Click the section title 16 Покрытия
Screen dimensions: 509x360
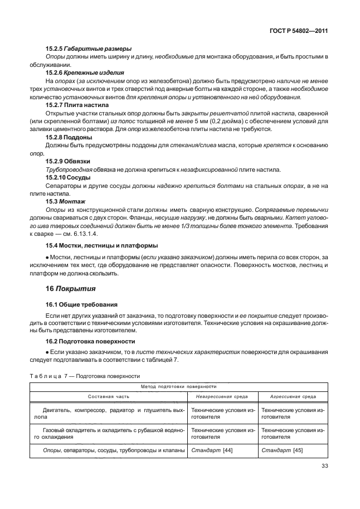pyautogui.click(x=70, y=289)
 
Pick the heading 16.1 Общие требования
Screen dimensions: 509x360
pyautogui.click(x=81, y=306)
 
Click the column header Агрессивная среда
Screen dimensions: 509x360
pyautogui.click(x=293, y=397)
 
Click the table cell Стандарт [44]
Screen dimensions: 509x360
pyautogui.click(x=212, y=450)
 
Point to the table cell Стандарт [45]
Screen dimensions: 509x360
pyautogui.click(x=282, y=450)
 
